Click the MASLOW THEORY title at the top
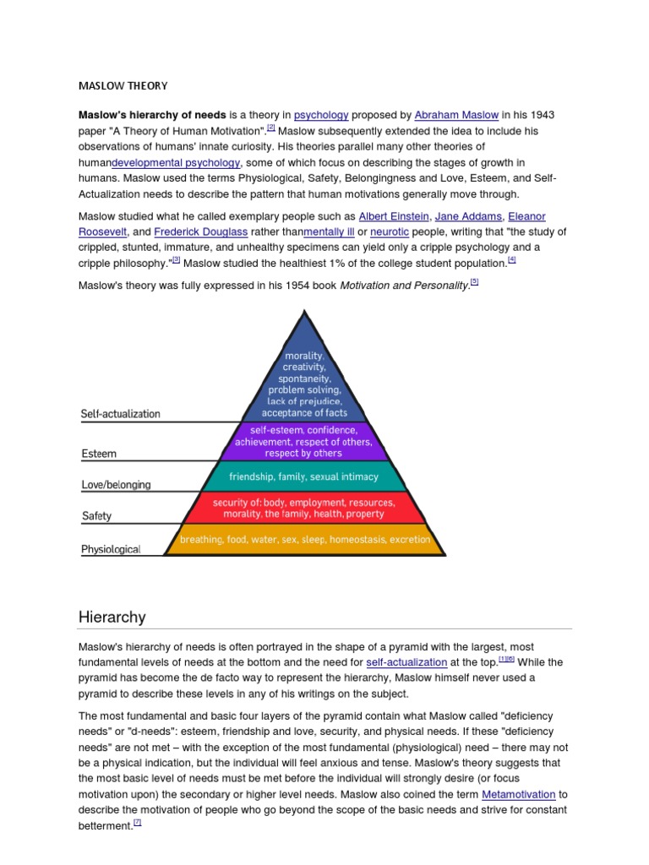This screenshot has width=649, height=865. (x=123, y=85)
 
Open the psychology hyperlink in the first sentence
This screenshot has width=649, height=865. (x=320, y=115)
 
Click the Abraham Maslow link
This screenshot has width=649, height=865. (x=456, y=115)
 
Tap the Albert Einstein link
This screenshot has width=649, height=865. (x=394, y=216)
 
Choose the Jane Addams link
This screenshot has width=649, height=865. (x=468, y=216)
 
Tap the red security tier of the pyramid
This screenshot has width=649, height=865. (x=304, y=508)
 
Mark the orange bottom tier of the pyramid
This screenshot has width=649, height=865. (x=304, y=539)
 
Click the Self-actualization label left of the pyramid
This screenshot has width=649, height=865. (x=120, y=414)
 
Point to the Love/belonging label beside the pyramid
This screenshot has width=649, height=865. (x=116, y=485)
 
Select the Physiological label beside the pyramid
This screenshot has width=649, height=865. (x=111, y=549)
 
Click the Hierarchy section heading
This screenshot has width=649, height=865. (x=112, y=617)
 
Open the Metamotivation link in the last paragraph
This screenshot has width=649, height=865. (x=518, y=794)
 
